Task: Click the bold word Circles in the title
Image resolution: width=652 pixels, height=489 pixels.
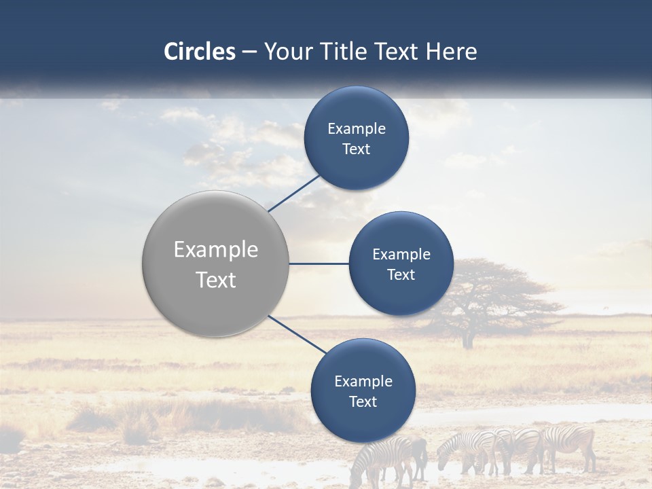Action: pyautogui.click(x=199, y=52)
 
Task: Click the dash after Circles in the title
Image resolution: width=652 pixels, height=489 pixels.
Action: pyautogui.click(x=249, y=52)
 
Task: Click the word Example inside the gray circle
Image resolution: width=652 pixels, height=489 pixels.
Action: pyautogui.click(x=215, y=250)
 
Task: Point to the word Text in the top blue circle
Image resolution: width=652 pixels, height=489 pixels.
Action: pyautogui.click(x=356, y=149)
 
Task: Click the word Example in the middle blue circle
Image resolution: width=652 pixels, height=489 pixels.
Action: pyautogui.click(x=401, y=255)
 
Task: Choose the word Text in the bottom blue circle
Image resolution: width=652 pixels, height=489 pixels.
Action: pyautogui.click(x=363, y=402)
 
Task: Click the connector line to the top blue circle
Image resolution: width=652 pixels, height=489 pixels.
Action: pyautogui.click(x=293, y=193)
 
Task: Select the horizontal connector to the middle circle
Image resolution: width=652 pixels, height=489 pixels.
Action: pyautogui.click(x=319, y=264)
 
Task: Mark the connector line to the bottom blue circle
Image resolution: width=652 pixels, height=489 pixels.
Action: pyautogui.click(x=296, y=333)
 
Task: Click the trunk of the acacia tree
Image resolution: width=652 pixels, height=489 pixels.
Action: pyautogui.click(x=468, y=337)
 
